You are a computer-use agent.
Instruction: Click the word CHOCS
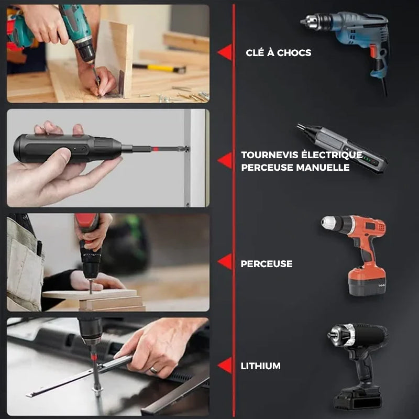[x=294, y=53]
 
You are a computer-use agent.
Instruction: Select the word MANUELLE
[x=323, y=168]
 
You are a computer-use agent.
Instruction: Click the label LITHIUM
[x=260, y=366]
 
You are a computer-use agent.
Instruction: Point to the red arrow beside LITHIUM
[x=225, y=365]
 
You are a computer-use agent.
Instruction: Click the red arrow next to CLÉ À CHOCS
[x=225, y=52]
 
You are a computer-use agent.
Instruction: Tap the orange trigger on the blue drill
[x=373, y=51]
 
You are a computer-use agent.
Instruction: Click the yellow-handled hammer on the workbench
[x=159, y=68]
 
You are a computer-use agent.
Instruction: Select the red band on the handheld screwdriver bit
[x=155, y=149]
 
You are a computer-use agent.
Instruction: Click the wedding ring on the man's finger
[x=153, y=370]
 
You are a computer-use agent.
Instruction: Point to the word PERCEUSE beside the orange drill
[x=267, y=264]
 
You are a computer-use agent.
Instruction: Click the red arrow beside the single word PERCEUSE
[x=225, y=261]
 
